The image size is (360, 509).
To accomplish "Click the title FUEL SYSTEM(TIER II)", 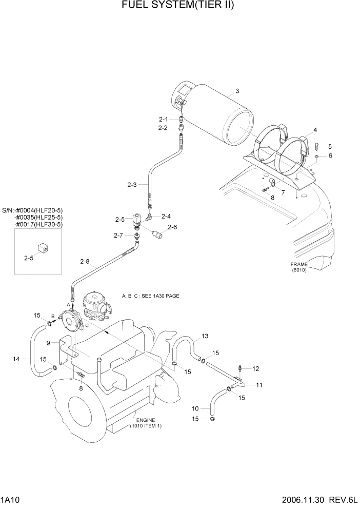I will click(179, 6).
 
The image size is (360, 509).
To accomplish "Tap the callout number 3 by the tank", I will click(237, 91).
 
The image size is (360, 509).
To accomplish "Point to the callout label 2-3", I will click(131, 185).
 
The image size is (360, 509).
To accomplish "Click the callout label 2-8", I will click(85, 262).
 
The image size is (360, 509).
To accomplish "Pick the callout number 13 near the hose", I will click(205, 336).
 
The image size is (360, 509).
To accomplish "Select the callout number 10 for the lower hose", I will click(195, 409).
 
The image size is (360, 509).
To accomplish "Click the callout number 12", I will click(256, 368).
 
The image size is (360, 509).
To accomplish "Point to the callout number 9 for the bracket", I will click(48, 343).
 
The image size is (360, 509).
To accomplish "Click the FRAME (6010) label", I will click(299, 267).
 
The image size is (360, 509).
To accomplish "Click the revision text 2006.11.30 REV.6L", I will click(318, 499).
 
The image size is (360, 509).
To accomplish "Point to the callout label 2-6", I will click(172, 227).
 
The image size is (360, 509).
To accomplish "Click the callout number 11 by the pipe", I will click(259, 385).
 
